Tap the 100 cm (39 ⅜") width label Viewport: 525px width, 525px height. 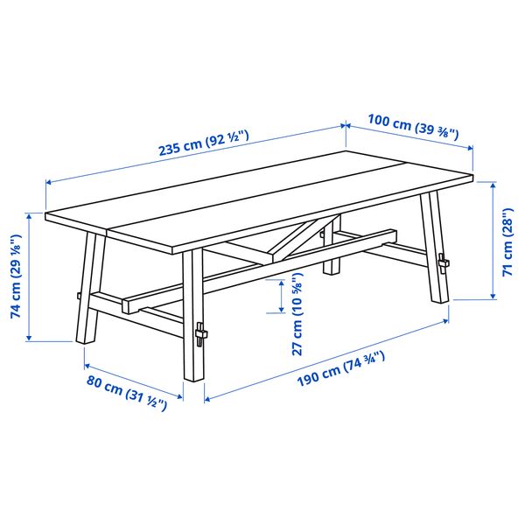(413, 129)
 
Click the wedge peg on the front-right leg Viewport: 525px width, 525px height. (202, 335)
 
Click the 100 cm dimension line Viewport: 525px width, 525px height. (409, 150)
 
